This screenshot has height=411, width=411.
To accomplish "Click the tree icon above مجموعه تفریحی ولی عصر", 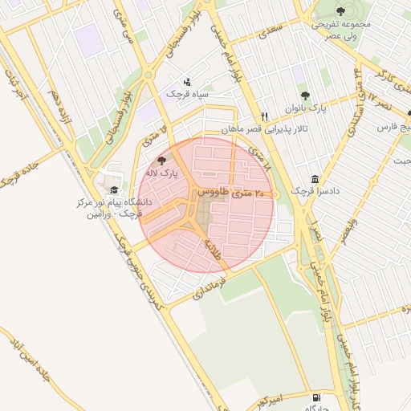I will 340,11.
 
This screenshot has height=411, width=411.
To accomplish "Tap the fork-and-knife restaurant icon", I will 264,116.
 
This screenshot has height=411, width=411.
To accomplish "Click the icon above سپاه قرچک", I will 187,81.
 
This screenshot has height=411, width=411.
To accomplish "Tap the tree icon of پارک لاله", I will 163,161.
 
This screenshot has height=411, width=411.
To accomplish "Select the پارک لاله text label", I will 163,173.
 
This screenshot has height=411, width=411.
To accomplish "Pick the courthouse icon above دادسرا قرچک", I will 315,179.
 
